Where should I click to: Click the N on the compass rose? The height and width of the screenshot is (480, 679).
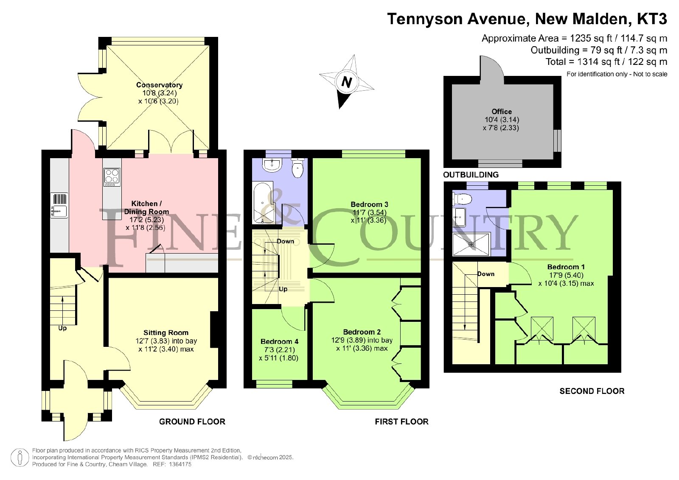coord(347,82)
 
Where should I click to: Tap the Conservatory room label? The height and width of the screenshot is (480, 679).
coord(159,85)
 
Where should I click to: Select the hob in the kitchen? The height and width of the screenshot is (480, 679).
coord(112,177)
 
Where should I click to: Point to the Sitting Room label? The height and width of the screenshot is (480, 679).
coord(166,332)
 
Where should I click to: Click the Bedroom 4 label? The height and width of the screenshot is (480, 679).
coord(279,341)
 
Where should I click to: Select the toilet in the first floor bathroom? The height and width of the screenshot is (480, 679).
coord(297,167)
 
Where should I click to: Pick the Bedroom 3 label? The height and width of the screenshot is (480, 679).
coord(369,204)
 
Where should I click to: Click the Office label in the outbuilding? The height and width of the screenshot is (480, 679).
coord(502,112)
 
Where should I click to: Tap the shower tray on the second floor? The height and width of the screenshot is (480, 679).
coord(471,244)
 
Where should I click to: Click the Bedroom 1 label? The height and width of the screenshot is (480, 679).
coord(566,267)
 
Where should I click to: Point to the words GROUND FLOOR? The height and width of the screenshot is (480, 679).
coord(192,421)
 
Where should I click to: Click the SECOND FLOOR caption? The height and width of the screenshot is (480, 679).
coord(592,391)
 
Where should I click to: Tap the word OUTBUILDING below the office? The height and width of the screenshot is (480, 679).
coord(471,174)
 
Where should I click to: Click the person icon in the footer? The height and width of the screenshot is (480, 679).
coord(20,457)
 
